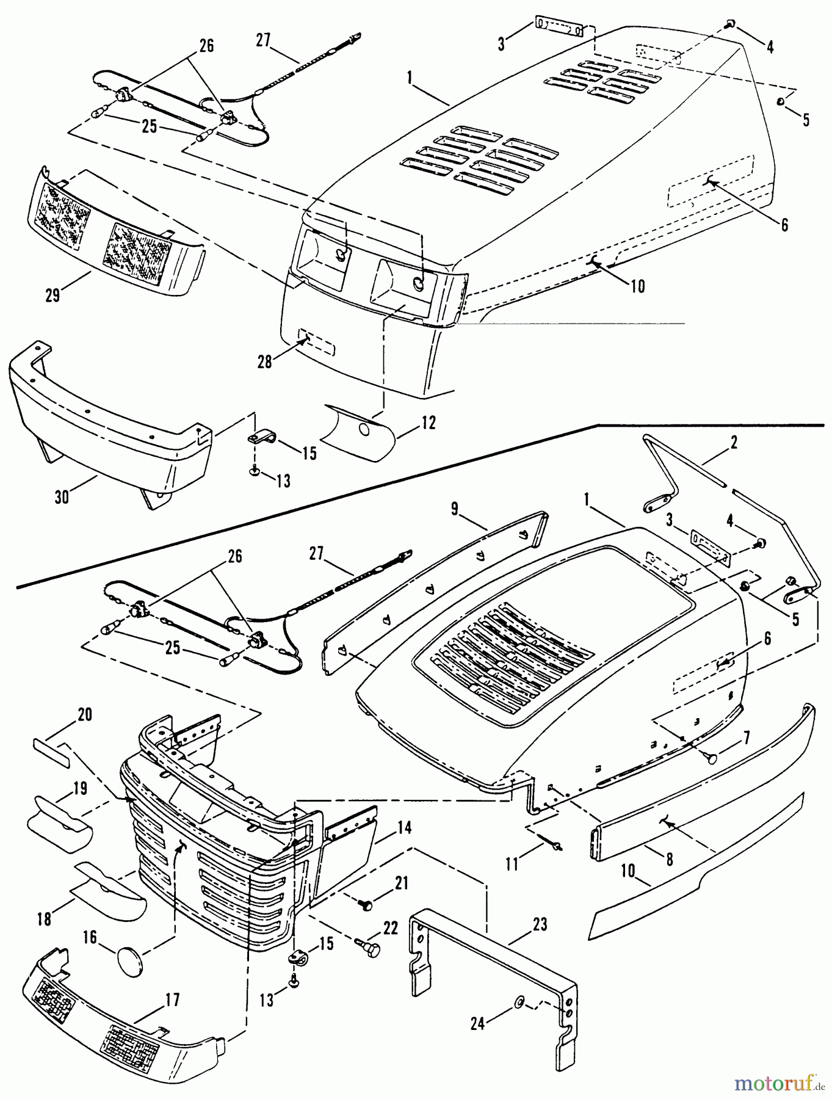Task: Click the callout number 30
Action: [62, 497]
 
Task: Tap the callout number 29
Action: [52, 295]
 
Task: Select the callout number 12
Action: [429, 423]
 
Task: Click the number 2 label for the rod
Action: [734, 442]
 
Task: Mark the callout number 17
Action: [172, 1000]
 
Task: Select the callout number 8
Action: [669, 859]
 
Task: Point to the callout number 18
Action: [44, 919]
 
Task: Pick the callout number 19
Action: [80, 789]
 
